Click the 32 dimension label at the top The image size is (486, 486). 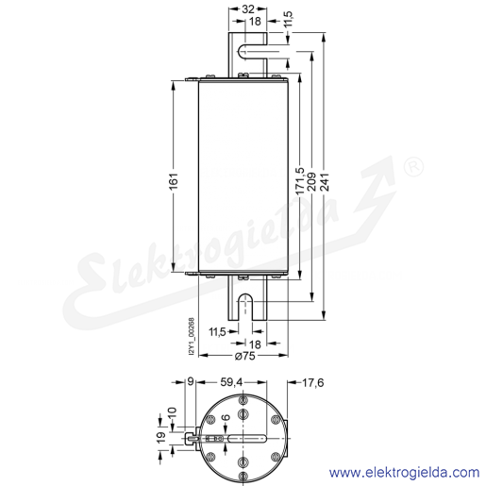[x=248, y=9]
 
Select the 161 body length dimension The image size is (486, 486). [x=174, y=181]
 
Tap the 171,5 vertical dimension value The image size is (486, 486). [x=300, y=181]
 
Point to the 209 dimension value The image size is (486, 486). [x=311, y=181]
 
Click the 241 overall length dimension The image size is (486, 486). [x=325, y=181]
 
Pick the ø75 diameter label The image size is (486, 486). [x=245, y=356]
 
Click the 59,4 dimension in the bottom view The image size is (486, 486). [x=231, y=382]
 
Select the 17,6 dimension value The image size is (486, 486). [x=312, y=382]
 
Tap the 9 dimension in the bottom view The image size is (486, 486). [x=191, y=382]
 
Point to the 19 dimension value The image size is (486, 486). [x=161, y=438]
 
